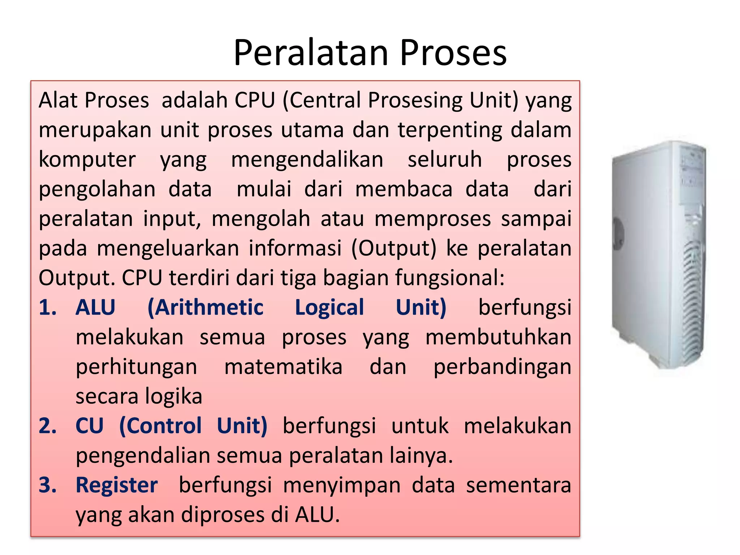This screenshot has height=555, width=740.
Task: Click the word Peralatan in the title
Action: point(311,53)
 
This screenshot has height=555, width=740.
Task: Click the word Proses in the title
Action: point(453,53)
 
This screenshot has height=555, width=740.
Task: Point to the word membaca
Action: point(404,189)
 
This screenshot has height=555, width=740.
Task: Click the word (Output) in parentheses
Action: point(394,248)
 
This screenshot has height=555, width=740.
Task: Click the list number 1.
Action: point(47,307)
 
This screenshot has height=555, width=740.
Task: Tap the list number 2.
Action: point(47,426)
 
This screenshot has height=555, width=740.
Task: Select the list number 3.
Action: point(47,485)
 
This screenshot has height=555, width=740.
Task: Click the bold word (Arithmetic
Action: point(206,307)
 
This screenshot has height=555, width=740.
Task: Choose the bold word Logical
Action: point(330,307)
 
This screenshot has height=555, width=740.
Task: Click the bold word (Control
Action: point(160,426)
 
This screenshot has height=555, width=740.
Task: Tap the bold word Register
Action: point(116,485)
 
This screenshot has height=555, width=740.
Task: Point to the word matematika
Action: point(283,367)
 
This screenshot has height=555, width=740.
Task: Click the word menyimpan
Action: point(342,485)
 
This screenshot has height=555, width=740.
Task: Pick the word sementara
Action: point(519,485)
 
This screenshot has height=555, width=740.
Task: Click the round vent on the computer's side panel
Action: point(618,231)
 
